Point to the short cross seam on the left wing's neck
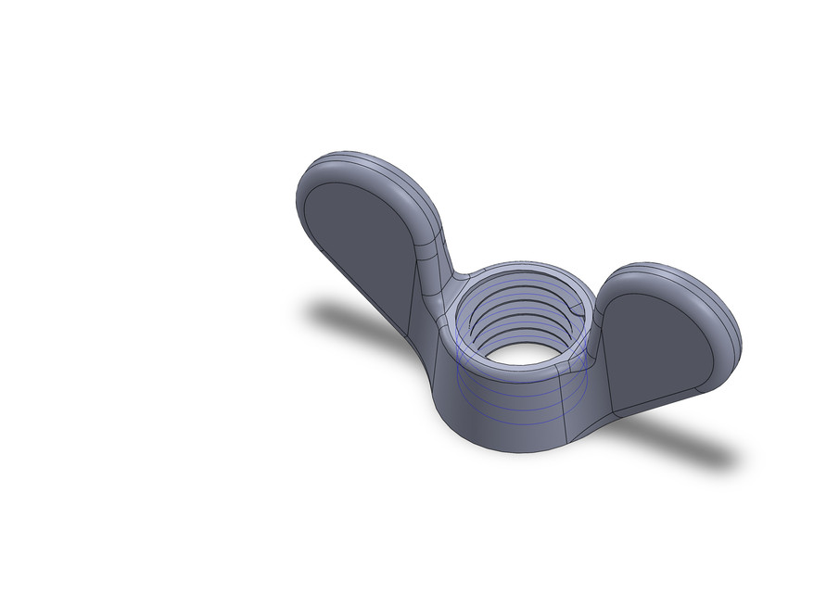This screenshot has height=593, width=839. point(426,246)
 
